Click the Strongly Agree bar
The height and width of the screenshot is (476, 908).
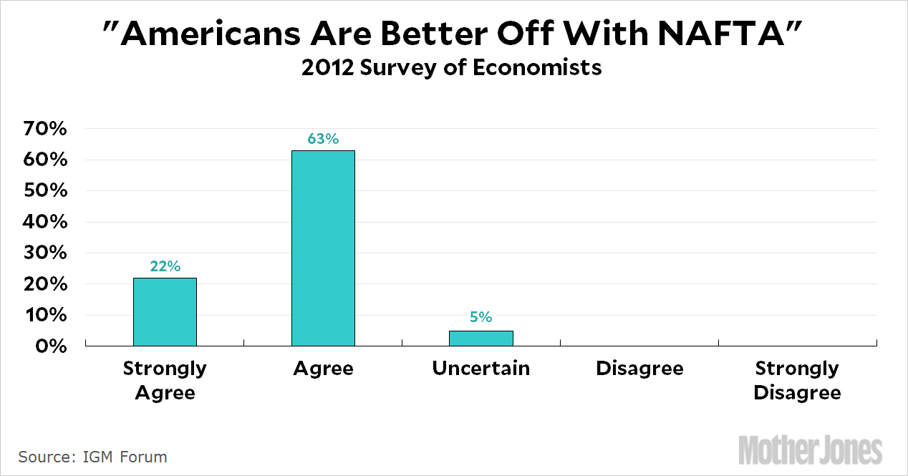click(165, 311)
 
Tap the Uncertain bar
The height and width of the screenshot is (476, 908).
click(481, 338)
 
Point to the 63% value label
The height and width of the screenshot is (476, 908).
click(323, 139)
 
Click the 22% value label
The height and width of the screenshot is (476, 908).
click(165, 266)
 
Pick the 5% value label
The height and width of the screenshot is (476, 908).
click(481, 317)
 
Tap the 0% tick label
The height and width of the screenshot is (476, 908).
click(52, 346)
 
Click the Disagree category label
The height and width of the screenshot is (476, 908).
click(639, 369)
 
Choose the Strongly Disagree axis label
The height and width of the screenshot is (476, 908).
click(797, 381)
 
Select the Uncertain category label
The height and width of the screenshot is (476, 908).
click(481, 369)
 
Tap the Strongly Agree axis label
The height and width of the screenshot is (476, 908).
click(165, 381)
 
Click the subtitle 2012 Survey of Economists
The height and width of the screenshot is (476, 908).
click(451, 68)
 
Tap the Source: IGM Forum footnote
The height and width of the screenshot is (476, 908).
click(93, 457)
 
